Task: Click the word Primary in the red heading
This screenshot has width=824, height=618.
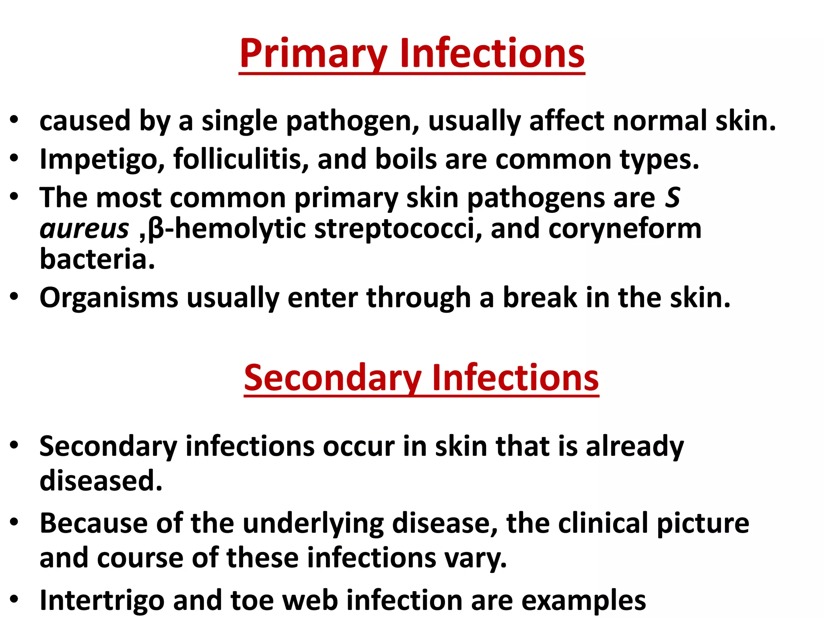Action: coord(313,54)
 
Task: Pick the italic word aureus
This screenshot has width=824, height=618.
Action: coord(84,229)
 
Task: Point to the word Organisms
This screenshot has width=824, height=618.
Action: coord(109,298)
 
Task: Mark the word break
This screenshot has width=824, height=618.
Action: coord(540,297)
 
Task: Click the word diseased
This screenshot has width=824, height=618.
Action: coord(101,480)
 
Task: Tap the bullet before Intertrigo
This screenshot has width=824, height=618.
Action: coord(14,599)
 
